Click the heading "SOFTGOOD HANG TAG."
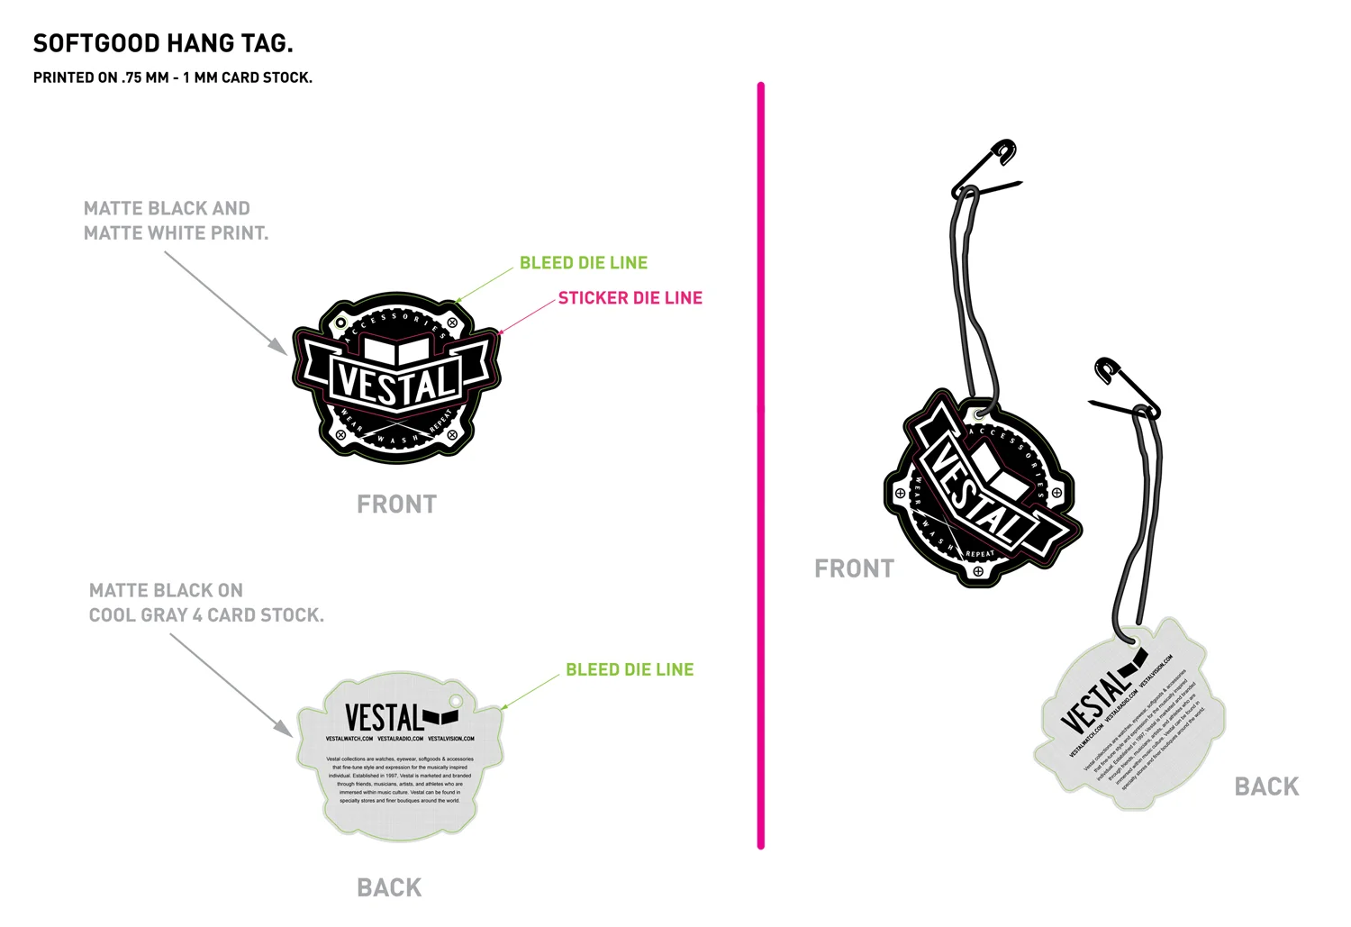[163, 43]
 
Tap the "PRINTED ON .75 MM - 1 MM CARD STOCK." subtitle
[173, 77]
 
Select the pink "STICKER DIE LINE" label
[630, 298]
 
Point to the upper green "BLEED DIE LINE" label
[584, 263]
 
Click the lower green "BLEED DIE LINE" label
[630, 669]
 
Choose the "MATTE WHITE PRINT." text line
[176, 233]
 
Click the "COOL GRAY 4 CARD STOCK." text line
[206, 615]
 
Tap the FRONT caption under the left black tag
[396, 504]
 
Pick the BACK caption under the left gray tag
[389, 887]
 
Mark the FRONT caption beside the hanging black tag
[854, 568]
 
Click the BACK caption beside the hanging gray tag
[1266, 786]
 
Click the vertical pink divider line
[761, 465]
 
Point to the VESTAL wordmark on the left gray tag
[385, 718]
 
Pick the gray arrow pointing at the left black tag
[225, 303]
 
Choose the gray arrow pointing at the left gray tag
[231, 685]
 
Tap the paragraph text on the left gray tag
[399, 779]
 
